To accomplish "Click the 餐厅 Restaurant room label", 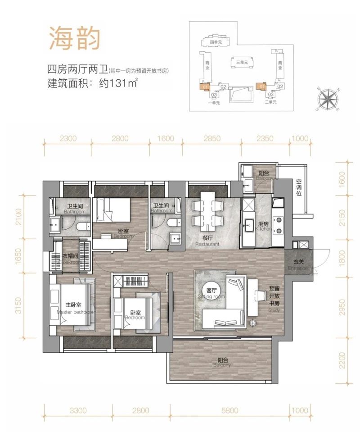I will pyautogui.click(x=207, y=241).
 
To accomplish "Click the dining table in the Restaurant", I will pyautogui.click(x=207, y=210).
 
